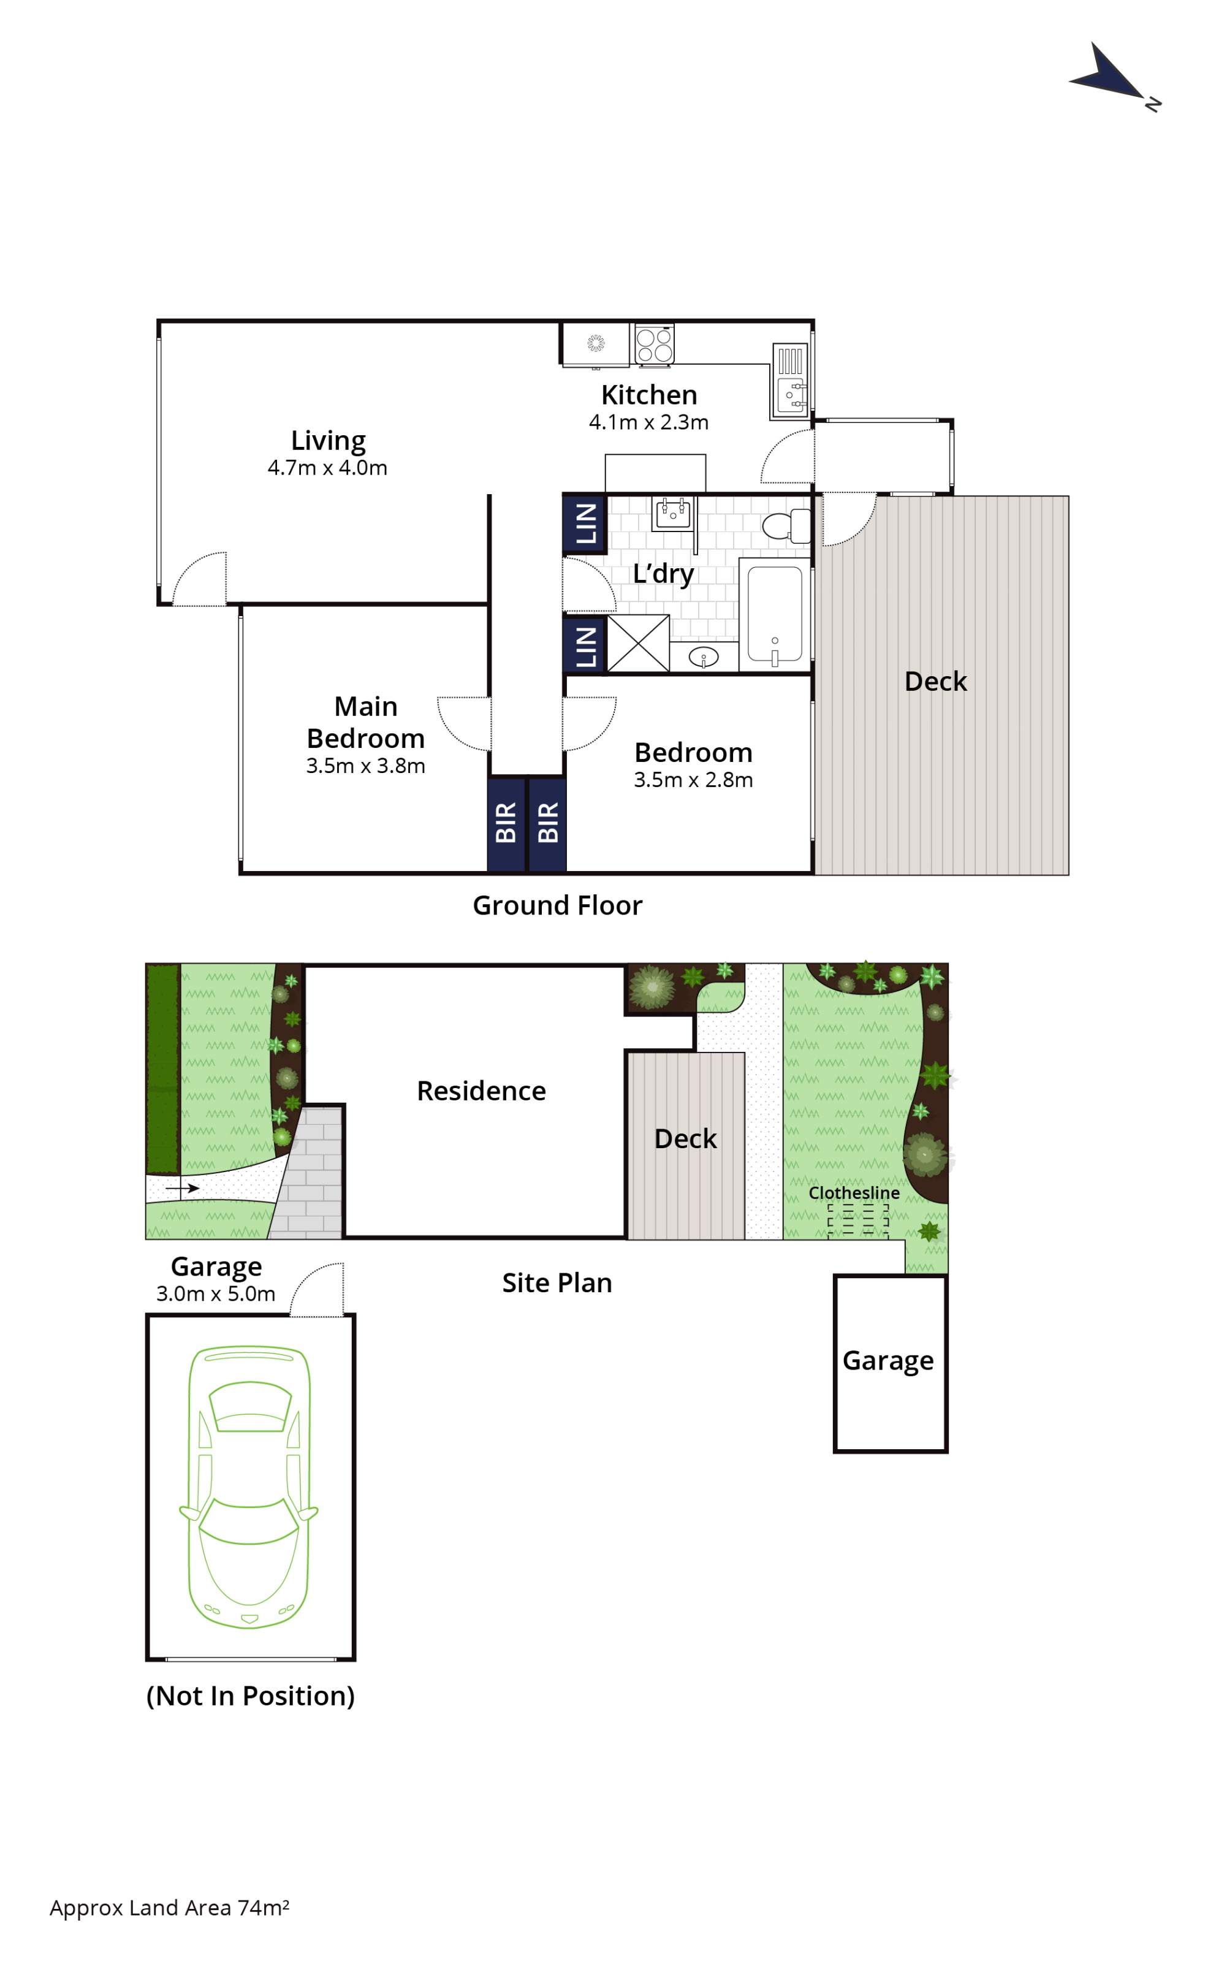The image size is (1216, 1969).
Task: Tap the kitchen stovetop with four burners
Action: click(655, 345)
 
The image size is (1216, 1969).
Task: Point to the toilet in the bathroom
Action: click(786, 526)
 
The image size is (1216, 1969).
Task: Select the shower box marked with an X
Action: click(639, 642)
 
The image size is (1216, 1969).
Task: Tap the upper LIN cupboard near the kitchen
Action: click(585, 524)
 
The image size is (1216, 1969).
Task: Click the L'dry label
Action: click(663, 574)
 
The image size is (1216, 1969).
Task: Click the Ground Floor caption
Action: click(557, 905)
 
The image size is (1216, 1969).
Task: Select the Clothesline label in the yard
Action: click(854, 1193)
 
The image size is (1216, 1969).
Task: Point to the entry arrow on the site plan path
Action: click(183, 1188)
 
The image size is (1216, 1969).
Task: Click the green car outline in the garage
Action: click(249, 1487)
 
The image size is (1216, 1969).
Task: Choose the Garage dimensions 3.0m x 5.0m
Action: click(216, 1293)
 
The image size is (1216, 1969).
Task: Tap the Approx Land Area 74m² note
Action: click(170, 1908)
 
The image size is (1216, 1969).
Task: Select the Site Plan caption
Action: click(557, 1283)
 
